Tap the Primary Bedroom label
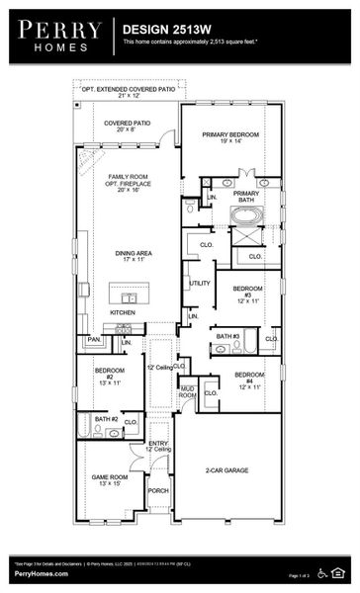[229, 137]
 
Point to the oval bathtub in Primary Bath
[243, 214]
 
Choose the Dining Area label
[129, 257]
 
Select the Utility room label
[200, 284]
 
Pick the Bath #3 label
[226, 336]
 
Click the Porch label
[158, 490]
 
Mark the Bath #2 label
[107, 420]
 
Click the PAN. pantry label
[94, 339]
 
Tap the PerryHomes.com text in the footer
[36, 574]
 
